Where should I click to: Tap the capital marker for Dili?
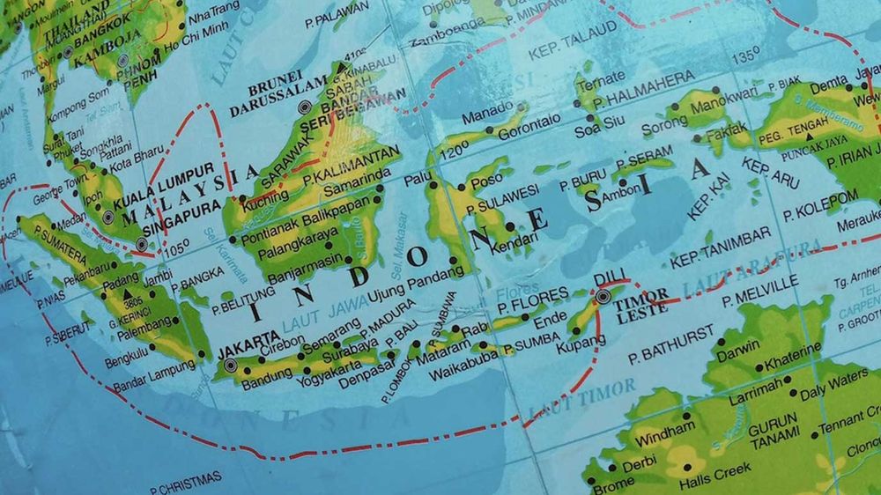603,297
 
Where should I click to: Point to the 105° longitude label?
176,250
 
